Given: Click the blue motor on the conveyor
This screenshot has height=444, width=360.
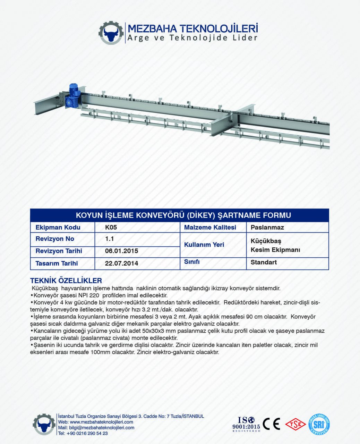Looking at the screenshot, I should coord(74,92).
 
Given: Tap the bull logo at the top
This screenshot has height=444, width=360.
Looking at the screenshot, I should coord(111,33).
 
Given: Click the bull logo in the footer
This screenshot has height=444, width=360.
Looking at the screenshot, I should coord(44,424).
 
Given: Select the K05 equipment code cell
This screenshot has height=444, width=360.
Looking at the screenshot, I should coord(111,228).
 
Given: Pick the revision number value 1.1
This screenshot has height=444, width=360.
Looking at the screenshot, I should coord(110,239).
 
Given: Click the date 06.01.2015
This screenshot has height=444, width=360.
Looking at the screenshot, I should coord(121,251).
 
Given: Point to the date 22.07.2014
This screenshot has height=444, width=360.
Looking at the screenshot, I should coord(121,263).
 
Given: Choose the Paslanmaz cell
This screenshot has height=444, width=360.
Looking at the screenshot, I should coord(267,228).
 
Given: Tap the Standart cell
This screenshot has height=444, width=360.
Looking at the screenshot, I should coord(264,262).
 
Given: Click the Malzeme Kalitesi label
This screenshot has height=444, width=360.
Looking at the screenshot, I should coord(210,228).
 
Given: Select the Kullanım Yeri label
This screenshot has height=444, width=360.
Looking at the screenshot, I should coord(204,245).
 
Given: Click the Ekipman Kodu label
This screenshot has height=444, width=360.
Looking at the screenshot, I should coord(58,228).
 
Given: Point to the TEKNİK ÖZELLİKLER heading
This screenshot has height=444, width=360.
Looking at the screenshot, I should coord(66,281).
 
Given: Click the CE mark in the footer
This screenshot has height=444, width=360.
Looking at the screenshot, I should coord(271,424).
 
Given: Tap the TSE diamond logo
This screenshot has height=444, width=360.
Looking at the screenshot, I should coord(295,424).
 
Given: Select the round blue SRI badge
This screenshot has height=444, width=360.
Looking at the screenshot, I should coord(319,424).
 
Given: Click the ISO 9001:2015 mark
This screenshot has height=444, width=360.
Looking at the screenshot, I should coord(246,424).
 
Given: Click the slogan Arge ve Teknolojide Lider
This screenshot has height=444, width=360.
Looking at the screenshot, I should coord(192,38).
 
